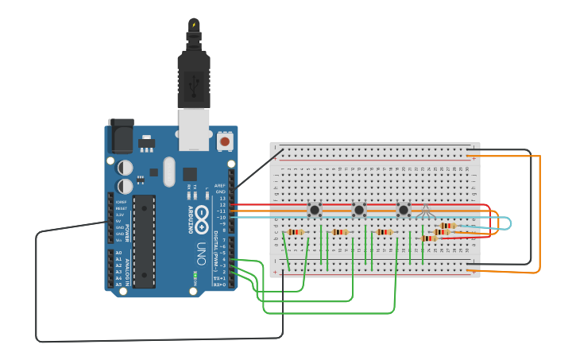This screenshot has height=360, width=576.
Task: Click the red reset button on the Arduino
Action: (225, 141)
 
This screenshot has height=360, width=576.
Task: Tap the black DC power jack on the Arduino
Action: (120, 137)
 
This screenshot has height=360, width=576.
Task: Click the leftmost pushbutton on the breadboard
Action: (315, 210)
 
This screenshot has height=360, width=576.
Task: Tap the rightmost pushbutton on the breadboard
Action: (404, 210)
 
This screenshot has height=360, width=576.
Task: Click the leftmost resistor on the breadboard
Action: (296, 232)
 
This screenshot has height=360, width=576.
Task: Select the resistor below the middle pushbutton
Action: (340, 232)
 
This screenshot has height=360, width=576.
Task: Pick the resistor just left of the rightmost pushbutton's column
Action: (385, 232)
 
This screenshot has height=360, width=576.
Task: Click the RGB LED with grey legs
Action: (426, 211)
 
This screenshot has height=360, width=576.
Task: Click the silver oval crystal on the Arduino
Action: (168, 171)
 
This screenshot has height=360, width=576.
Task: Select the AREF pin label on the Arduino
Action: (221, 185)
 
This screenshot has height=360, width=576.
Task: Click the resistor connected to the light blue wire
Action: (447, 226)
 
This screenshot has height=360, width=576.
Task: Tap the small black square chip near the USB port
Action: (190, 174)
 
